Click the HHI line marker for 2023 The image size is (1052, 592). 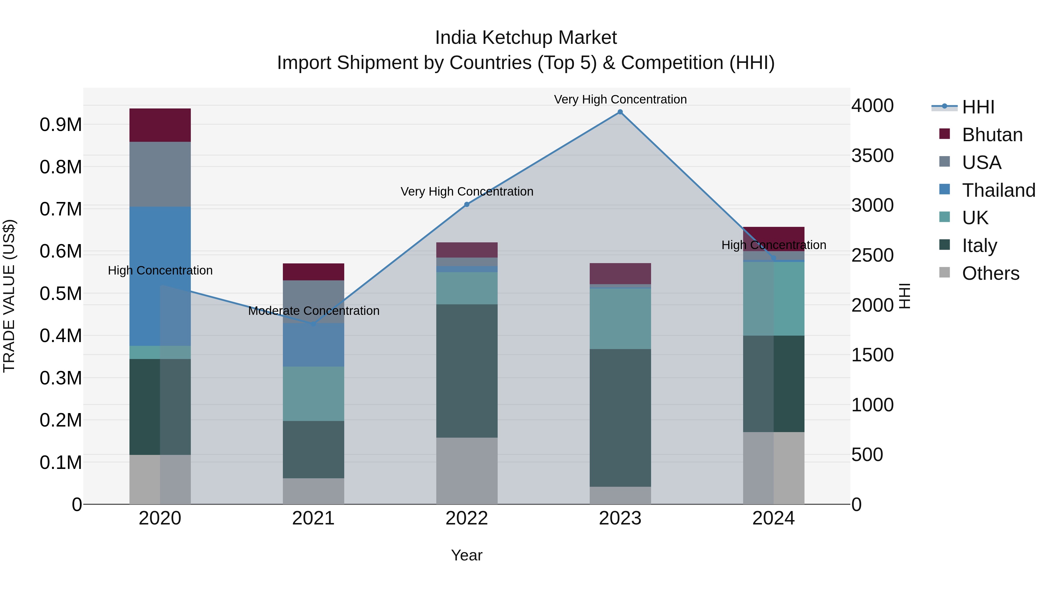point(620,112)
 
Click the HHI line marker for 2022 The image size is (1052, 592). point(467,204)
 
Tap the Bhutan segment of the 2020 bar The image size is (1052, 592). point(160,125)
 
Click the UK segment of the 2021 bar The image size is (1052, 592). point(313,393)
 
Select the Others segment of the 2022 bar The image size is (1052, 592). point(467,471)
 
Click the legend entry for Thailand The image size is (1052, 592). point(998,190)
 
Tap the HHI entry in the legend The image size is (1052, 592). point(978,107)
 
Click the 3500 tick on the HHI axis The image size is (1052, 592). point(872,156)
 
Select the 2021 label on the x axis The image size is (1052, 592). point(313,518)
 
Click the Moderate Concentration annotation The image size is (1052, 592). point(314,311)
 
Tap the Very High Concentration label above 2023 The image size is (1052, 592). point(620,99)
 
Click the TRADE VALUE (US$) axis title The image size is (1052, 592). point(9,296)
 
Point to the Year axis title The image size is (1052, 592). point(466,555)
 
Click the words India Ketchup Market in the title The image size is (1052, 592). point(526,38)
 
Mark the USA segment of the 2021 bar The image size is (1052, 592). point(313,301)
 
